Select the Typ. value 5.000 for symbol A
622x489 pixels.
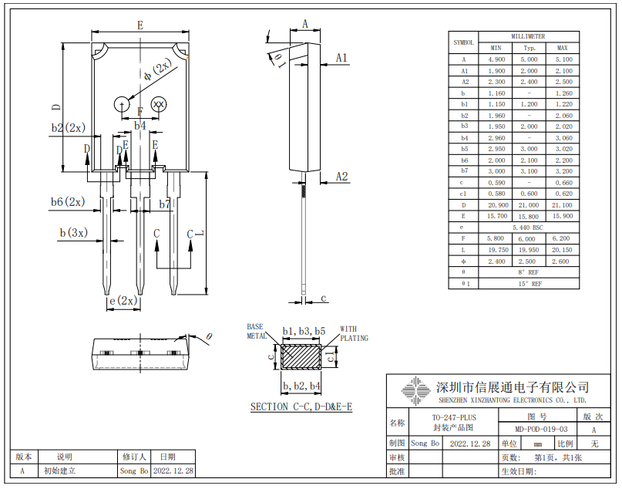click(529, 59)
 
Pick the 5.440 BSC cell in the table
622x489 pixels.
click(528, 228)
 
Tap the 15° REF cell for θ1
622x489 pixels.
click(528, 284)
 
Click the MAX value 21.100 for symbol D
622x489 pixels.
click(562, 205)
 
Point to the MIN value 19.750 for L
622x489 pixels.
click(496, 250)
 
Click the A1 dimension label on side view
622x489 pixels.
click(341, 58)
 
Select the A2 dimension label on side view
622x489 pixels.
click(341, 177)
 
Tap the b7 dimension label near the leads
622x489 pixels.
click(165, 204)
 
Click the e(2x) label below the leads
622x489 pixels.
click(123, 300)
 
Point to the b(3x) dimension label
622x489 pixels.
click(74, 232)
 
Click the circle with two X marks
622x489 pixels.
click(159, 104)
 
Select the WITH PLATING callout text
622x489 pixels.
click(354, 333)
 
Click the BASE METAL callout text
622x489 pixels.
click(257, 332)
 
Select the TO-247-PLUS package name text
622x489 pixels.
click(454, 418)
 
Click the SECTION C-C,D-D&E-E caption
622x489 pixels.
click(301, 406)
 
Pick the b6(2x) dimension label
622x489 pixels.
click(68, 202)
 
